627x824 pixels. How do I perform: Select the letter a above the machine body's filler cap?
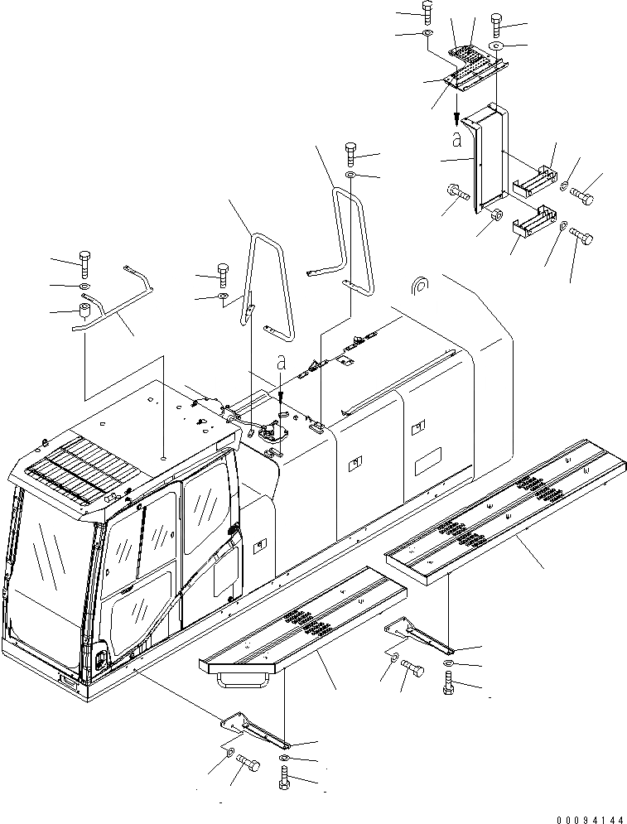281,362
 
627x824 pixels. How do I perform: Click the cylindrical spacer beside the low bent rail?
83,312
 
